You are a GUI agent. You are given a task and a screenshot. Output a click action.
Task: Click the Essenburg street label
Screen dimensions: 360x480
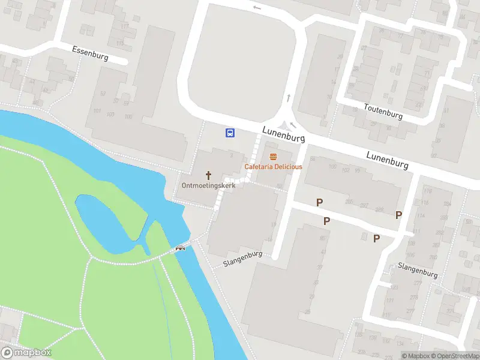click(x=90, y=53)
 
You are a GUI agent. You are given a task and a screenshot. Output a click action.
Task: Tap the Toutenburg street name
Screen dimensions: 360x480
click(x=383, y=111)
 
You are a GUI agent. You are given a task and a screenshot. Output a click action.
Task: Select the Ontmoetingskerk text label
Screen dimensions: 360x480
click(x=209, y=185)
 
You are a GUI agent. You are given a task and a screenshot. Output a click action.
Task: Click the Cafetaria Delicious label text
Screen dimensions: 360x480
click(x=273, y=166)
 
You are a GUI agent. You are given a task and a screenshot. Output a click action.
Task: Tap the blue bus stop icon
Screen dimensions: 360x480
click(x=230, y=133)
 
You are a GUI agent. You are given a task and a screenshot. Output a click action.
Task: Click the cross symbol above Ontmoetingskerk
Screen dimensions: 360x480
click(x=209, y=175)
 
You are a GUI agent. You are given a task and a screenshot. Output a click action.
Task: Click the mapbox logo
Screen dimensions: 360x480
click(x=27, y=353)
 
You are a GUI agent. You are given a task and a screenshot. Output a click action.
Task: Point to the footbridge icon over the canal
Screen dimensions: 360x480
click(x=180, y=248)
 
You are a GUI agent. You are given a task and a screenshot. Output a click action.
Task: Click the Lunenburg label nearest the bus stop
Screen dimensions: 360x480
click(x=284, y=134)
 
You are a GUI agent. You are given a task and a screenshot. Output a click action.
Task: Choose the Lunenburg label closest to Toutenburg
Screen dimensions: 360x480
click(x=388, y=160)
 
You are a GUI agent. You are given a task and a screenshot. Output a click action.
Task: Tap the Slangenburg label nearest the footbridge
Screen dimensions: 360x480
click(x=244, y=262)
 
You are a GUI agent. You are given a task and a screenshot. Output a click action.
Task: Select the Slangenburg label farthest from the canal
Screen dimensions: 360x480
click(x=418, y=270)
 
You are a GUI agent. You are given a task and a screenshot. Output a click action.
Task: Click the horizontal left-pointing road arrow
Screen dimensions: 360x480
click(x=257, y=8)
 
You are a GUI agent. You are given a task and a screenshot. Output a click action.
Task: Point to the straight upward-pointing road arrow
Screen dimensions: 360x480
click(x=289, y=97)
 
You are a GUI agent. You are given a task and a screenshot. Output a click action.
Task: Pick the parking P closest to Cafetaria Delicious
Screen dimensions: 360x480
click(x=320, y=203)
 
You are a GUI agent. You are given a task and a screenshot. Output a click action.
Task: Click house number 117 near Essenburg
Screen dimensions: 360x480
click(x=124, y=27)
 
